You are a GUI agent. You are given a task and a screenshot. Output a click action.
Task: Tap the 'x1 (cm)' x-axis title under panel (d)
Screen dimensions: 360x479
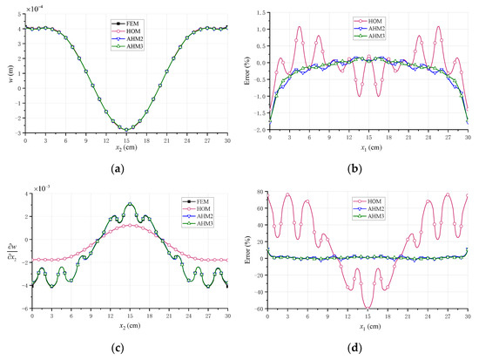coord(369,326)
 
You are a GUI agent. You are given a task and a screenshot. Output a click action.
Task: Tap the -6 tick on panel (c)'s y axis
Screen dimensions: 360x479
coord(19,309)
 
